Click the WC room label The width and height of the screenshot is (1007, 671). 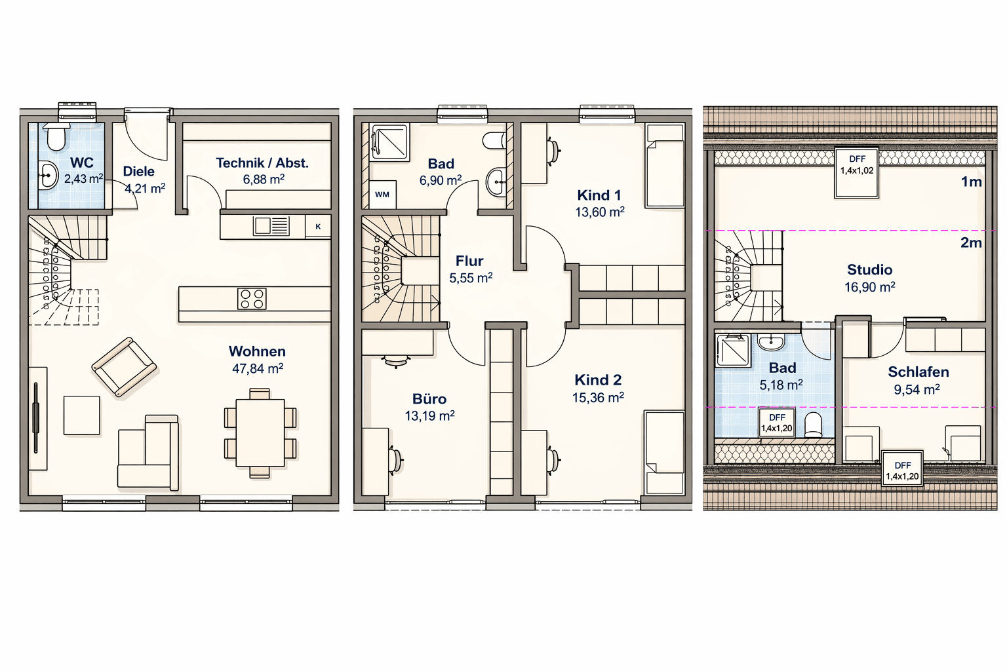point(82,163)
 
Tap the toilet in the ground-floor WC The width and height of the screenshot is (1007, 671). point(56,138)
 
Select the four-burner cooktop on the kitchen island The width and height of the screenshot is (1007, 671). point(252,299)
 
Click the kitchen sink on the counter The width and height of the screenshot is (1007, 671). point(271,226)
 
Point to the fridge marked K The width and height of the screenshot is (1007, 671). point(318,227)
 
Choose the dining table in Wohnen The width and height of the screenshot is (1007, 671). point(260,433)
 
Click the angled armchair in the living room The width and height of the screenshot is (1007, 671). point(124,368)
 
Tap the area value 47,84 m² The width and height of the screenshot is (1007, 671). point(258,369)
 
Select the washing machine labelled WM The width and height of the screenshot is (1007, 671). point(382,195)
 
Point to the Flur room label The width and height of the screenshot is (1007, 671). point(469,261)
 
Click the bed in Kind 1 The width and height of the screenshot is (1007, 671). point(665,166)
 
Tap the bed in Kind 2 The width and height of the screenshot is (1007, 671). point(664,452)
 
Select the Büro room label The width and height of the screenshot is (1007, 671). point(429,399)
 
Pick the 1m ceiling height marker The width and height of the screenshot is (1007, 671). point(971,182)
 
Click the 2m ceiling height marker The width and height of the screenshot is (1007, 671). point(971,243)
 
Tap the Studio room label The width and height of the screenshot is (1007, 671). point(869,270)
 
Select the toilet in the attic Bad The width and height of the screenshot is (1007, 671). point(813,425)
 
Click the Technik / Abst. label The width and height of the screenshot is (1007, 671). point(262,163)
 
